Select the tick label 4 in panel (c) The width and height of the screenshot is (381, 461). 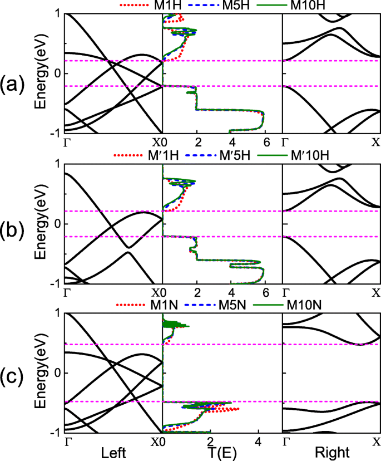click(x=258, y=442)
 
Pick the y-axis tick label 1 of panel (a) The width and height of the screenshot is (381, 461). click(x=58, y=14)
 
